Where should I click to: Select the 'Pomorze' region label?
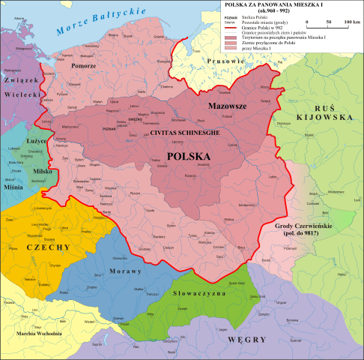pos(83,66)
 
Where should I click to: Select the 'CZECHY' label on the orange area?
pos(48,247)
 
